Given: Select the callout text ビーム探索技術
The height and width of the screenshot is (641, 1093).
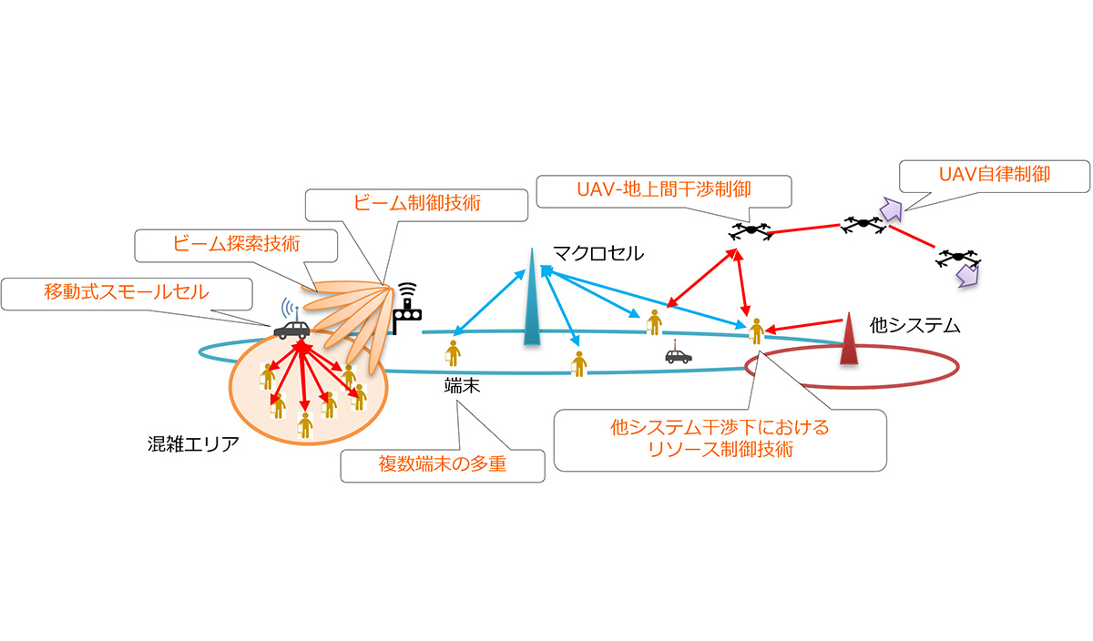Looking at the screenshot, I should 235,245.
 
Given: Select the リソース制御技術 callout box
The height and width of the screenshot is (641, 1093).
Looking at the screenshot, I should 720,439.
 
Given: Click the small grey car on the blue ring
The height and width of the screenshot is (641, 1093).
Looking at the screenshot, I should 678,354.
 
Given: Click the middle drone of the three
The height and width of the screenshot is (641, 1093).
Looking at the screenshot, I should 860,224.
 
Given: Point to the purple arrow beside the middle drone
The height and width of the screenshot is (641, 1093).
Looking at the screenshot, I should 890,211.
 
